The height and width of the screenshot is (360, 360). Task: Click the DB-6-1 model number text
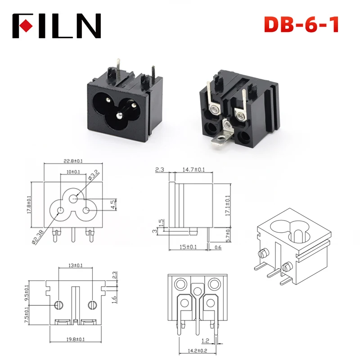click(301, 24)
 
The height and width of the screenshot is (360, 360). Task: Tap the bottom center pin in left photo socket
click(119, 116)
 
